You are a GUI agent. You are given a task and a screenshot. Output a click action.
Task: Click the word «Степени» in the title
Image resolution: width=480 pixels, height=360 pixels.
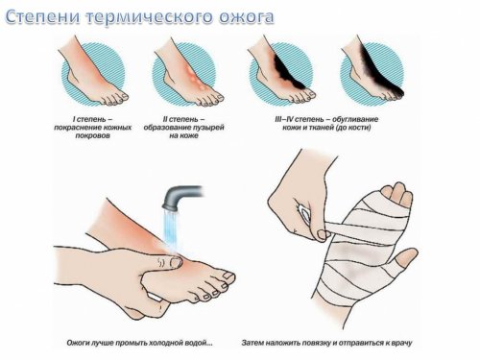43,17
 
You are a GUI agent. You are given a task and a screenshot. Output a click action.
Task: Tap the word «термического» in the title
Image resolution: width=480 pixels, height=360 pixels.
150,17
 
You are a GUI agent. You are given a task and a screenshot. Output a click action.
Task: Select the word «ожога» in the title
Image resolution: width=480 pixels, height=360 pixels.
246,18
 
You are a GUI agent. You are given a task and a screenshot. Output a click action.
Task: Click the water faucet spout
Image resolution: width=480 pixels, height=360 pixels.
181,197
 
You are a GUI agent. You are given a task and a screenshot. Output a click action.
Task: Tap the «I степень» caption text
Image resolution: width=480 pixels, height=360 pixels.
92,120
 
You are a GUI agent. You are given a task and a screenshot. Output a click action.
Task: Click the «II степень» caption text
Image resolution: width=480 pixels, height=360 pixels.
184,120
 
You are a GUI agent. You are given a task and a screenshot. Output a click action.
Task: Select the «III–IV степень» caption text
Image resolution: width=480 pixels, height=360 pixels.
298,120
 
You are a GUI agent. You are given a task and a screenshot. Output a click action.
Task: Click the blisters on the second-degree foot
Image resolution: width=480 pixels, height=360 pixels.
196,77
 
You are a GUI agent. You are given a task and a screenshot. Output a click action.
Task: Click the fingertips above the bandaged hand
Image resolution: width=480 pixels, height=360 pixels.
396,193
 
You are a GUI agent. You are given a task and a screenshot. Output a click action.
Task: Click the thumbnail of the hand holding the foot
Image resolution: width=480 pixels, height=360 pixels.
176,262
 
